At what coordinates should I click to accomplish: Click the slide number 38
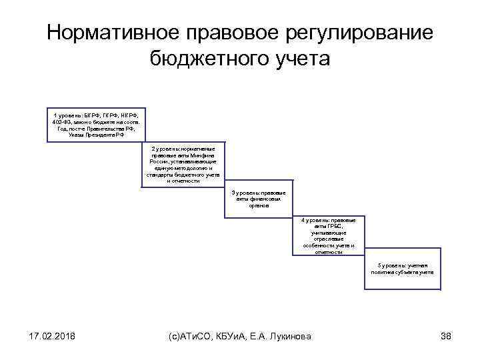click(446, 336)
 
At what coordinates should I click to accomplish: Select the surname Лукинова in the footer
click(293, 336)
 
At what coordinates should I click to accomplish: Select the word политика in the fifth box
click(384, 272)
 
